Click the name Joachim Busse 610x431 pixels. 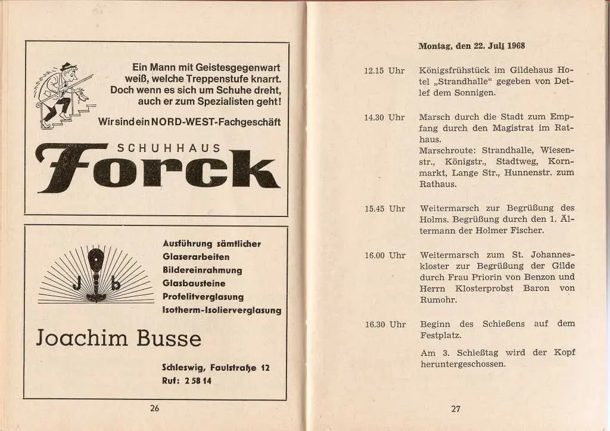(119, 338)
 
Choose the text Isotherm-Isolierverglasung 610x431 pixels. (222, 310)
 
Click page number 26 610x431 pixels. (155, 408)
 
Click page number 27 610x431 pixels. (456, 409)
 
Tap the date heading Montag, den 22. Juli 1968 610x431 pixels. (471, 46)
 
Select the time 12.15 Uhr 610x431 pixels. (384, 70)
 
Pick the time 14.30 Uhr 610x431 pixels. (384, 117)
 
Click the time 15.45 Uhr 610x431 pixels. (384, 209)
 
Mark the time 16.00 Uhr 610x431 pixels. (384, 255)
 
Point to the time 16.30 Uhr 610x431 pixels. (384, 324)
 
